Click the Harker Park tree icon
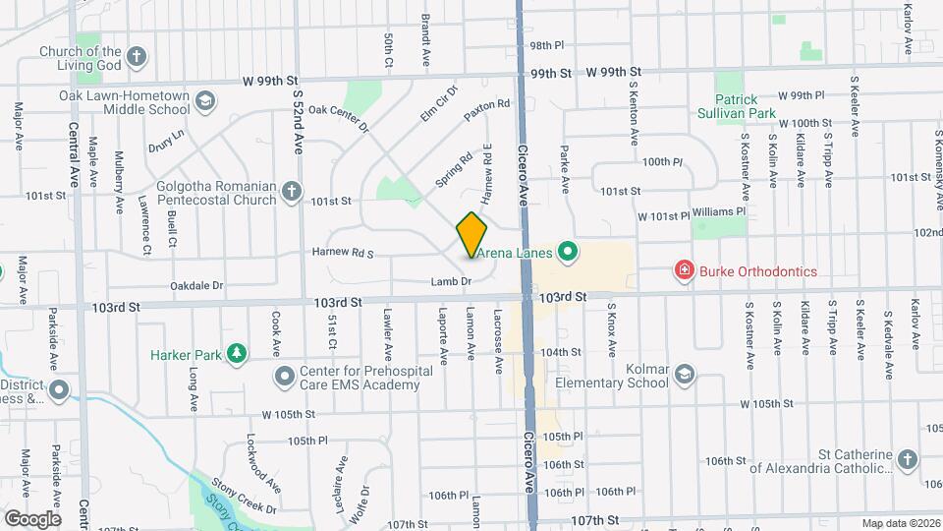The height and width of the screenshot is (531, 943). (236, 353)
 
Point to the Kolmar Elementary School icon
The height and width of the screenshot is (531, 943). (685, 375)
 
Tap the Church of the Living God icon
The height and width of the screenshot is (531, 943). (137, 57)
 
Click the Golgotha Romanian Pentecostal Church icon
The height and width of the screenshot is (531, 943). (291, 193)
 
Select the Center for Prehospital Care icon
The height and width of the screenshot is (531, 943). (286, 377)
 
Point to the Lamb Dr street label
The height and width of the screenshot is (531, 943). (452, 281)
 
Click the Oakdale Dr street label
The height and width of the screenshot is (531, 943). (197, 286)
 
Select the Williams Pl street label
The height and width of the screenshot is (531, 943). (719, 210)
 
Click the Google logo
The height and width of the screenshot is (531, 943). (31, 518)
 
